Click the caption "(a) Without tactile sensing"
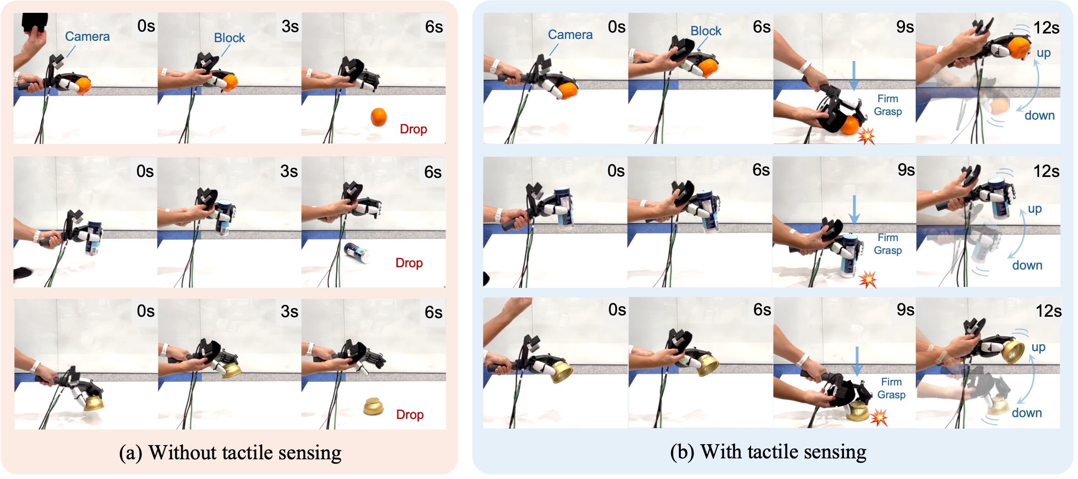(230, 453)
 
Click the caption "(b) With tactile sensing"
(768, 452)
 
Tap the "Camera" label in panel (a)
(87, 37)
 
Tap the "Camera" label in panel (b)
(570, 35)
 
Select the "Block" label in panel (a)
(229, 38)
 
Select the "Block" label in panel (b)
(706, 31)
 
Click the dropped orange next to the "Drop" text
(379, 117)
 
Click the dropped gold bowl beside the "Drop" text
(374, 407)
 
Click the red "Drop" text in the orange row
(413, 129)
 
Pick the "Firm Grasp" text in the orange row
(888, 105)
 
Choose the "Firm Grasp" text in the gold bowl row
(891, 388)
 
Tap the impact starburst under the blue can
(867, 279)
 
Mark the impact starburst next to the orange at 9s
(866, 136)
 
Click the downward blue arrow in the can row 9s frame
(854, 210)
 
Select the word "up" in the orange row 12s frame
(1044, 53)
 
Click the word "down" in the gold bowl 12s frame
(1027, 413)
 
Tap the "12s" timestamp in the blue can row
(1046, 171)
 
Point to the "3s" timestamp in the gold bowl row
(289, 312)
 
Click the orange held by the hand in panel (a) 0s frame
(83, 86)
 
